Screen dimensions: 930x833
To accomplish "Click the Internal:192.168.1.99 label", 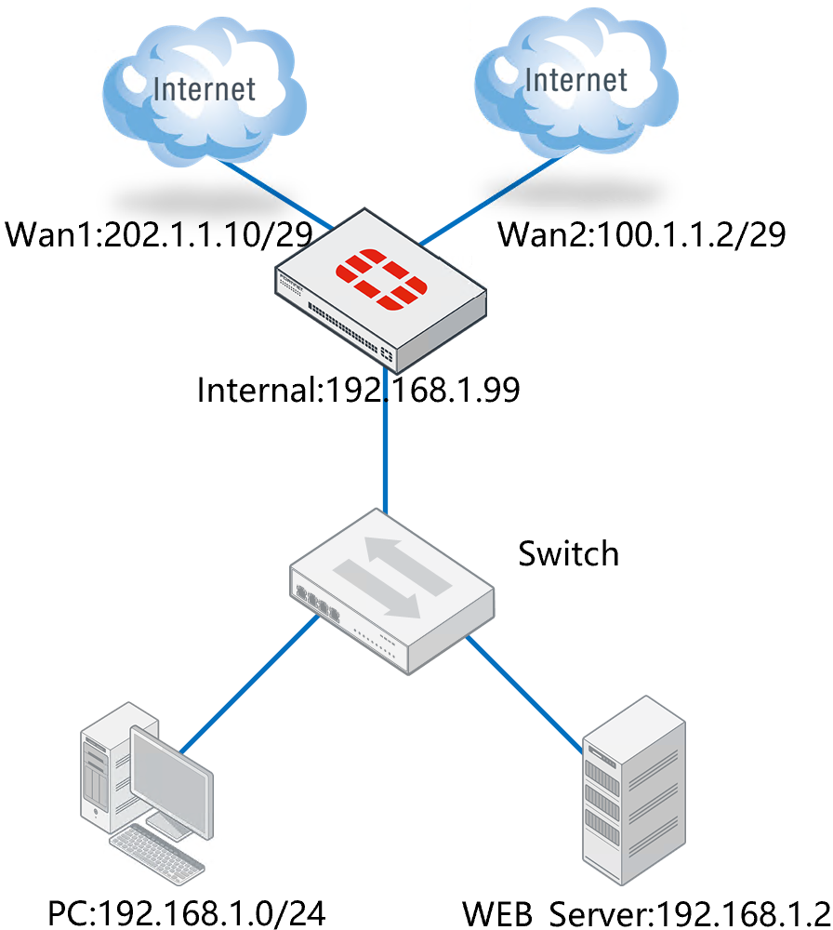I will point(358,390).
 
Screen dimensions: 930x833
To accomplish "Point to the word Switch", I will point(568,553).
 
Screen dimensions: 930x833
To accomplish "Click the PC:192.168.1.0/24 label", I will point(185,912).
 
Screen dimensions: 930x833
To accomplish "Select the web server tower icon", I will point(632,790).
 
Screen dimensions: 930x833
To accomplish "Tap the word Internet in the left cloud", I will point(205,89).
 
